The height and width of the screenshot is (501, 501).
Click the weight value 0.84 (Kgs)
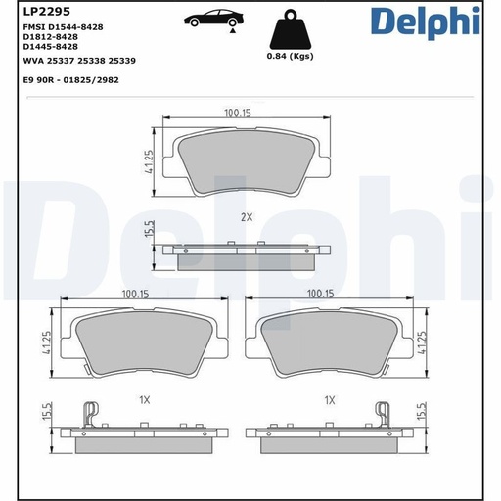291,56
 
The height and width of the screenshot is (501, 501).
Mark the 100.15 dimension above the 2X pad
237,114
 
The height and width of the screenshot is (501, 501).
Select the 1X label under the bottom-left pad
143,400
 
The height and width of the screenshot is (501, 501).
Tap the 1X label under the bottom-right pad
330,400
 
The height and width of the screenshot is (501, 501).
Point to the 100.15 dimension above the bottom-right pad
321,294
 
